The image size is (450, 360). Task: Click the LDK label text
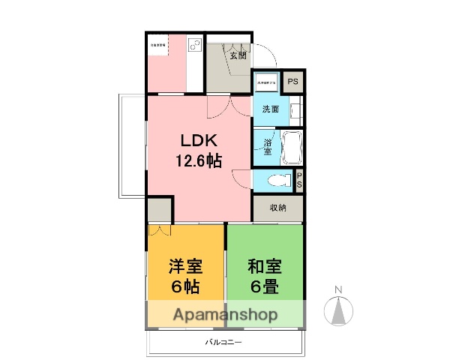point(198,141)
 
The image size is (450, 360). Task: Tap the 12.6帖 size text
point(198,160)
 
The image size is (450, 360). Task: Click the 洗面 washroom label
point(270,109)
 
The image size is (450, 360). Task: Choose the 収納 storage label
point(277,208)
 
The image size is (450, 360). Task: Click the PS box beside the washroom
point(293,82)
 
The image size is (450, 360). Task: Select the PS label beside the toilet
point(300,180)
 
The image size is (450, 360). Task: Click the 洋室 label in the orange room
point(186,266)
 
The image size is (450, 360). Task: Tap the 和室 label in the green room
point(265,266)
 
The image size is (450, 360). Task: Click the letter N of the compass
point(338,289)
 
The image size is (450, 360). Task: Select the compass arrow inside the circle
point(338,308)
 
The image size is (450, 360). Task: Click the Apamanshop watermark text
point(226,315)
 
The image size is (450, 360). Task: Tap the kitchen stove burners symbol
point(194,45)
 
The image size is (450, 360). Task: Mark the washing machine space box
point(268,82)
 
